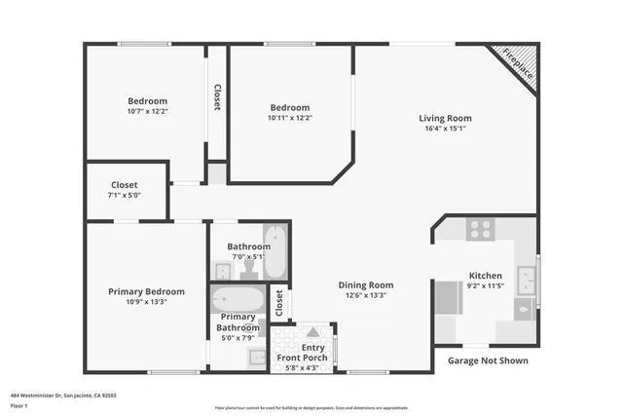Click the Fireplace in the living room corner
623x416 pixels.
[x=515, y=64]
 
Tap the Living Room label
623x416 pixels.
[x=445, y=119]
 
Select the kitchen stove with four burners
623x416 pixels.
[x=480, y=229]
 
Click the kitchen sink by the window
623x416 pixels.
[x=526, y=282]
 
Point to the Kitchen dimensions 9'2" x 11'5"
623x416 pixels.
[x=485, y=286]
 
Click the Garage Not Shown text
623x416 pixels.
[x=488, y=360]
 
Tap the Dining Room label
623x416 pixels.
[x=365, y=284]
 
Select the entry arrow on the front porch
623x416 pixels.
[x=312, y=333]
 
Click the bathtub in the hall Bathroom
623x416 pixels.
[x=275, y=252]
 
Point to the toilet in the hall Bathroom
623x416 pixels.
[x=249, y=266]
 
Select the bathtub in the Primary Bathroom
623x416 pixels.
[x=238, y=298]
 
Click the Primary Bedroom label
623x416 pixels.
[x=146, y=291]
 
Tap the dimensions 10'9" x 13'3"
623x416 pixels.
[x=146, y=302]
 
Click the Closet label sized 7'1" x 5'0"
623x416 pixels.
[x=124, y=184]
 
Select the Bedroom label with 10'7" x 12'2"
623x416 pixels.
[x=147, y=100]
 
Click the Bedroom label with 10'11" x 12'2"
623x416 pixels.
[x=290, y=107]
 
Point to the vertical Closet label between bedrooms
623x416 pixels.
[x=217, y=96]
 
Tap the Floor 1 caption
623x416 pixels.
[x=18, y=406]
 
